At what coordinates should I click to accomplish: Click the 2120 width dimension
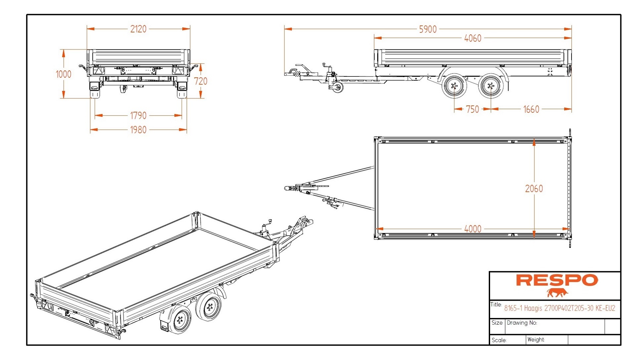click(138, 29)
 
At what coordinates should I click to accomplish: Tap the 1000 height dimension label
click(63, 74)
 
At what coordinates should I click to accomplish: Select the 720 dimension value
click(200, 81)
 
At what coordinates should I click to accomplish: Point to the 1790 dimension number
click(138, 116)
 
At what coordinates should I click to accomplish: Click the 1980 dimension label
click(138, 130)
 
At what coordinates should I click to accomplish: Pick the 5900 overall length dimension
click(428, 29)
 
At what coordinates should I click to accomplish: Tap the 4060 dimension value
click(473, 38)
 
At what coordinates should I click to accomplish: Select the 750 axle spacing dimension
click(472, 109)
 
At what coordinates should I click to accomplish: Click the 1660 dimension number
click(531, 109)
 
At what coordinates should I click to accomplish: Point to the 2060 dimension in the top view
click(534, 189)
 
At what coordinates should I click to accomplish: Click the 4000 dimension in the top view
click(473, 229)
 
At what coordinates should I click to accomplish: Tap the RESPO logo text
click(557, 280)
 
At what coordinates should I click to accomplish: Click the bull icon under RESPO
click(557, 293)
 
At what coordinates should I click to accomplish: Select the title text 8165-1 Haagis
click(559, 308)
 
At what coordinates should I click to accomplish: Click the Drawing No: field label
click(522, 323)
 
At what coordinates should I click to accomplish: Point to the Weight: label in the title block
click(536, 340)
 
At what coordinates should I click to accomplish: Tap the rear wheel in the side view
click(491, 86)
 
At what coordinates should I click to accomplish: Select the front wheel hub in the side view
click(454, 86)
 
